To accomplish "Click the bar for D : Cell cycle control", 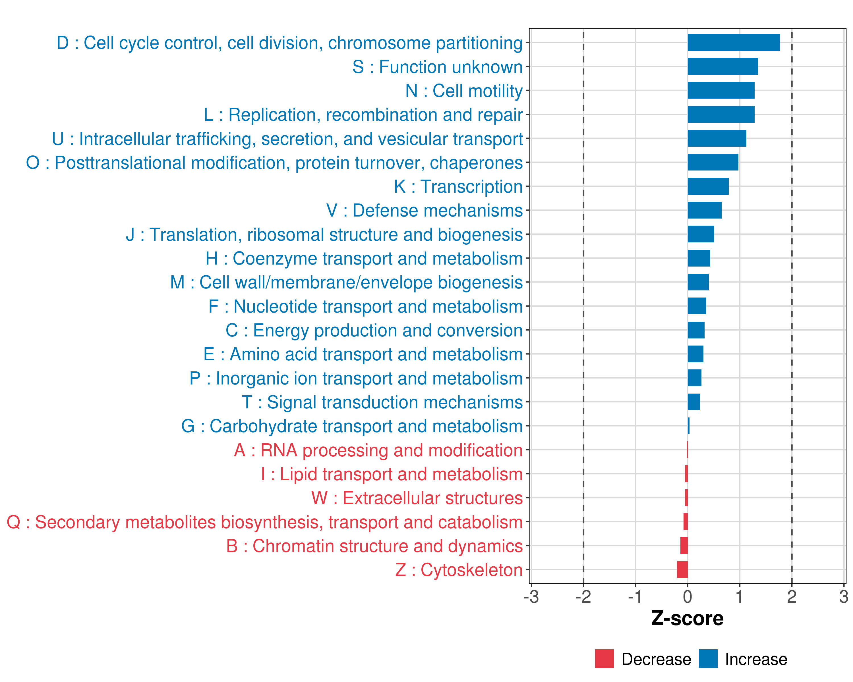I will [x=734, y=43].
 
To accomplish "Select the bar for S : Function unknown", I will [x=722, y=66].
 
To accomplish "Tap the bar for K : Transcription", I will [x=708, y=186].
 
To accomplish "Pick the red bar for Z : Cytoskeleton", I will [x=682, y=570].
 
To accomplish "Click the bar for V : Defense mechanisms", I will [x=704, y=210].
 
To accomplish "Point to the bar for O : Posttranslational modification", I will [x=713, y=162].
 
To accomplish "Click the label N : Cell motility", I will [x=464, y=91].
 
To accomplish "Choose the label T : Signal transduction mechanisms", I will [x=382, y=402].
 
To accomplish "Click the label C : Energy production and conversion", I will [x=374, y=330].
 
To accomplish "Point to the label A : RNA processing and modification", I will [x=378, y=450].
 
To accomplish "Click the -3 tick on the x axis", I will [x=531, y=596].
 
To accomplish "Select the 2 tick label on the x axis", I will [x=791, y=596].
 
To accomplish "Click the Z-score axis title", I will [x=687, y=618].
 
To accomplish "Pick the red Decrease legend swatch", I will [x=604, y=659].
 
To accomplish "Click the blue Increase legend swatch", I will [x=708, y=659].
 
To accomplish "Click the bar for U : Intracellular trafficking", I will [x=717, y=138].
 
